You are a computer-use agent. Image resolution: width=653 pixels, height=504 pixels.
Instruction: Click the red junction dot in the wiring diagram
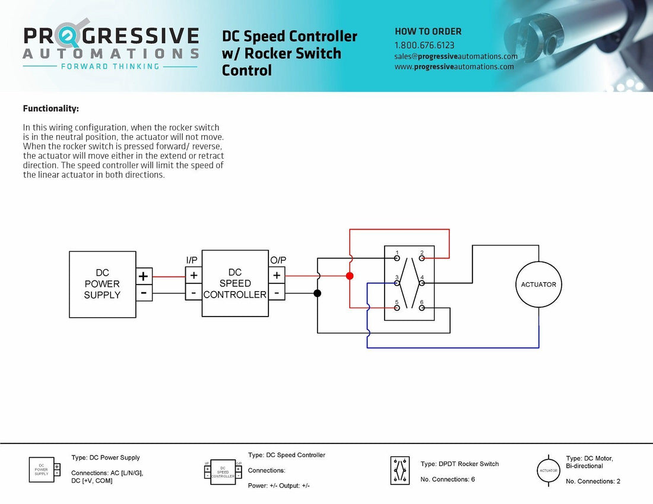click(350, 276)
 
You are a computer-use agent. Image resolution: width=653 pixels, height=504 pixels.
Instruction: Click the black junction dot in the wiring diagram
click(318, 293)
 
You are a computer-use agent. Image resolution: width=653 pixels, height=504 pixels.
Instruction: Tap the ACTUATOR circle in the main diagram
click(538, 284)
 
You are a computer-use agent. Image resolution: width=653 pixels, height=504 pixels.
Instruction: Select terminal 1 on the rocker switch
click(397, 258)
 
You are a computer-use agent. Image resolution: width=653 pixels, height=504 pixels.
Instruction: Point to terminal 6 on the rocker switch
click(421, 308)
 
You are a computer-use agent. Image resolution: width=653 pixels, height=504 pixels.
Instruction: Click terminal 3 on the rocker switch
click(397, 283)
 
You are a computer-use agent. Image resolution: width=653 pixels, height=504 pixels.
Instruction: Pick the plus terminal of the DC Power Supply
click(144, 276)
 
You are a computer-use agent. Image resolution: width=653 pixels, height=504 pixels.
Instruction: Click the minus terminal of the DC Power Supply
click(144, 292)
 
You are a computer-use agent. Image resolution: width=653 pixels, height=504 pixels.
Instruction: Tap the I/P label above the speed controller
click(193, 260)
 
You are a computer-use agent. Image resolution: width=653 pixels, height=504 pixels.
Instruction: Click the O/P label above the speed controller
click(278, 260)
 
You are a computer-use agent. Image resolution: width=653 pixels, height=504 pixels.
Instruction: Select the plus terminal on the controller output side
click(276, 275)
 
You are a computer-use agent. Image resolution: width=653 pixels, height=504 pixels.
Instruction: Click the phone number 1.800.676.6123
click(424, 45)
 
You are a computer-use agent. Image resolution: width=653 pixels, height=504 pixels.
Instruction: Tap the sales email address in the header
click(456, 56)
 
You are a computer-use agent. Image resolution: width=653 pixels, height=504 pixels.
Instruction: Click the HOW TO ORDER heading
click(428, 31)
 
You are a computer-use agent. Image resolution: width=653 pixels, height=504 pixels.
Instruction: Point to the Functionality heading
click(50, 109)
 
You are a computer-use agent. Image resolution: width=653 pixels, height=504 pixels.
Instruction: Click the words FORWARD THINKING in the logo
click(110, 66)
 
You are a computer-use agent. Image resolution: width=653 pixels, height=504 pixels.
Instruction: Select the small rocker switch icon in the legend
click(400, 470)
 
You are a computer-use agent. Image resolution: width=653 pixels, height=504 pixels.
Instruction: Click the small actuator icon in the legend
click(548, 470)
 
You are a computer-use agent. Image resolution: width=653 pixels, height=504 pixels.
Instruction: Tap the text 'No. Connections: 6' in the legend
click(448, 479)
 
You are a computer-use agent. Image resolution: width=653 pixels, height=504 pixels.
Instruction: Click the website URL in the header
click(454, 66)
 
